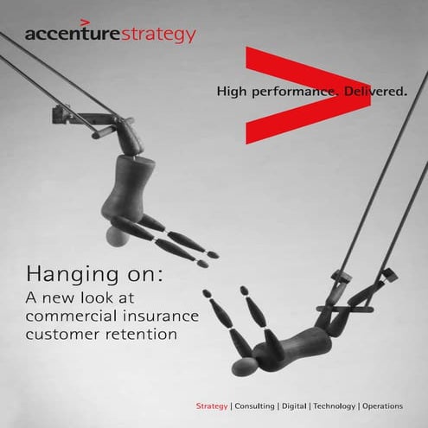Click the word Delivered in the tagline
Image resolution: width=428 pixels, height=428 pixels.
pyautogui.click(x=371, y=90)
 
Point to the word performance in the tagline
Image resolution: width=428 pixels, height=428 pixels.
pyautogui.click(x=291, y=91)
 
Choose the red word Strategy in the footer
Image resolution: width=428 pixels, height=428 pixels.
pyautogui.click(x=212, y=406)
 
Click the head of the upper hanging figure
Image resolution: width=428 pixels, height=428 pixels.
pyautogui.click(x=116, y=237)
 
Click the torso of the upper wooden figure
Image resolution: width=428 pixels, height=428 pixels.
pyautogui.click(x=120, y=186)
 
